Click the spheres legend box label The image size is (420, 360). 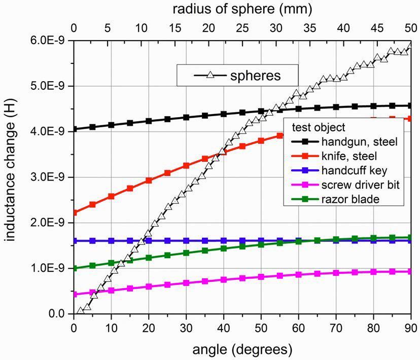(x=255, y=76)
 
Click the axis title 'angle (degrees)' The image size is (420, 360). (x=242, y=349)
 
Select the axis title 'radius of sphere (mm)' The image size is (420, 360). (x=242, y=9)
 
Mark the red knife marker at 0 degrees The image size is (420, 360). (x=74, y=212)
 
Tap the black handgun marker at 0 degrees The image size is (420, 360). (x=74, y=129)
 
